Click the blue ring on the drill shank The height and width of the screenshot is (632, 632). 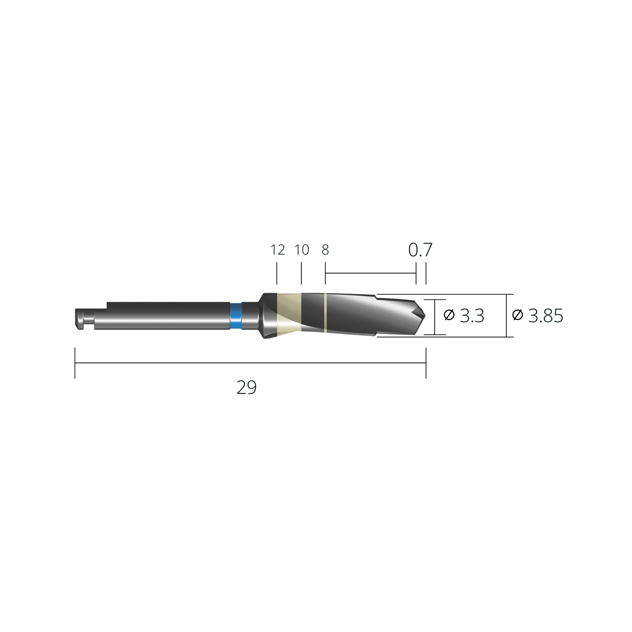tap(236, 316)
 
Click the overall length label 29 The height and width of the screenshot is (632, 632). tap(246, 388)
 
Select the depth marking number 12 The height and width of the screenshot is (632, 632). tap(278, 250)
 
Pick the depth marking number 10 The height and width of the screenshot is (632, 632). tap(302, 250)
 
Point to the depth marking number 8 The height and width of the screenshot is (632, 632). tap(325, 250)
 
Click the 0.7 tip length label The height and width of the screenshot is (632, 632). tap(420, 250)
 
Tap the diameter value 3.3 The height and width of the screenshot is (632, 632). tap(472, 316)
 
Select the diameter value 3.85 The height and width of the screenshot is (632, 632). tap(546, 316)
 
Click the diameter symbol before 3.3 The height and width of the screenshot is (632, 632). tap(449, 315)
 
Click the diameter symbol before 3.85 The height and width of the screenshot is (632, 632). tap(517, 315)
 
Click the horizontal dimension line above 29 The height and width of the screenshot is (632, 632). tap(250, 363)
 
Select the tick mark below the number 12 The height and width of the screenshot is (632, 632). tap(277, 273)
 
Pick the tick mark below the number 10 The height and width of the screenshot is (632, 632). tap(301, 273)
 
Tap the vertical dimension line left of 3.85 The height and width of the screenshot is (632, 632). tap(506, 316)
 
